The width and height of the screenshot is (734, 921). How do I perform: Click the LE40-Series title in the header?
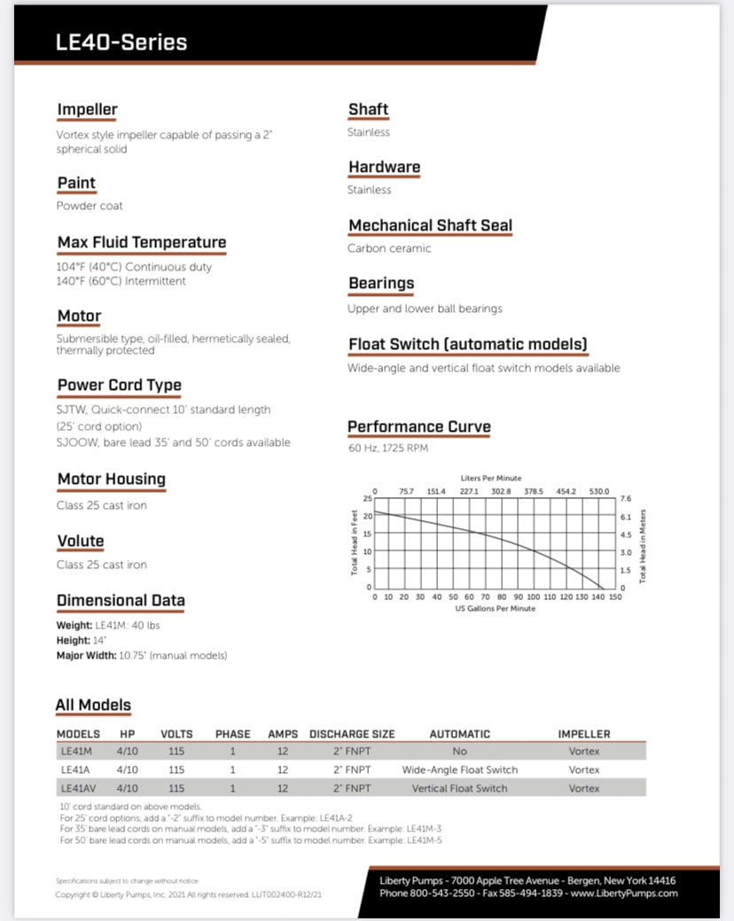tap(121, 42)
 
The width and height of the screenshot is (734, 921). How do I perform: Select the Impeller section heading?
tap(87, 110)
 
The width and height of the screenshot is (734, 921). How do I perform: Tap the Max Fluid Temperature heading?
tap(142, 243)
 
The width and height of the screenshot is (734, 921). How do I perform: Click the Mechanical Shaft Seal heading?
tap(430, 226)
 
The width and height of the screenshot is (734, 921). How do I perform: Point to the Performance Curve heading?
tap(418, 427)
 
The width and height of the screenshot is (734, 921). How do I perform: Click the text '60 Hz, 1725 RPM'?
tap(387, 449)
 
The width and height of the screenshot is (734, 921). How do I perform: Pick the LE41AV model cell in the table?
tap(77, 788)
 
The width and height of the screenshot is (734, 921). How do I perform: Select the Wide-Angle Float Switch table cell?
tap(459, 769)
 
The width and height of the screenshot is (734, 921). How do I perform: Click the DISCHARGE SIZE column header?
tap(352, 734)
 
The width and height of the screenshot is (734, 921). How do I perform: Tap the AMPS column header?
tap(283, 734)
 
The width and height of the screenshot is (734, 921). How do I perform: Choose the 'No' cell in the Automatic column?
tap(459, 751)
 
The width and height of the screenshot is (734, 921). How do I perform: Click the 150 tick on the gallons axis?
tap(615, 597)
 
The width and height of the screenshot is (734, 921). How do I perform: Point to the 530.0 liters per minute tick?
tap(600, 491)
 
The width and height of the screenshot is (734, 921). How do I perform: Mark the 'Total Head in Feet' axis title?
tap(355, 543)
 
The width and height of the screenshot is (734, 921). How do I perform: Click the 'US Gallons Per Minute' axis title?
tap(496, 609)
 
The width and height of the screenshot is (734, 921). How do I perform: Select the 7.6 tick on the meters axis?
tap(625, 499)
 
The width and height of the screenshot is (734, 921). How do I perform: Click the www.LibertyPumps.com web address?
tap(624, 894)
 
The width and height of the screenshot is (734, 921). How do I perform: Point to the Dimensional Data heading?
tap(121, 601)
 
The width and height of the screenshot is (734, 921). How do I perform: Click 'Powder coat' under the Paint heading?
tap(90, 206)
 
